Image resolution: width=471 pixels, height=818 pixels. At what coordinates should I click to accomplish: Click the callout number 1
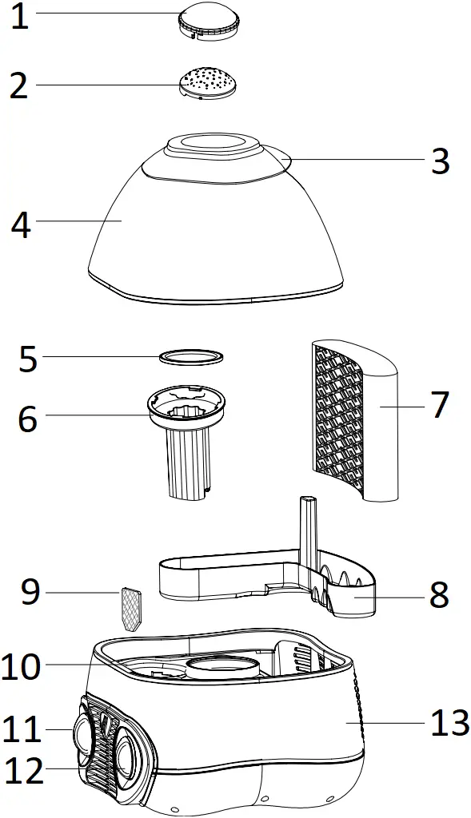click(x=20, y=17)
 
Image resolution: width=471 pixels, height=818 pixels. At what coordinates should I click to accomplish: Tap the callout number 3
click(x=440, y=161)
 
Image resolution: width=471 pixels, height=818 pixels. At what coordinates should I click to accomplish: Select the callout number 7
click(x=440, y=405)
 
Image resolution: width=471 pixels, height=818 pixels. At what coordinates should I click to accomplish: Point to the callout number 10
click(x=21, y=667)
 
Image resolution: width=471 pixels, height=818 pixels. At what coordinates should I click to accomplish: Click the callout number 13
click(x=449, y=723)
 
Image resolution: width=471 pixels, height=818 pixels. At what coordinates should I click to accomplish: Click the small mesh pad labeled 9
click(x=132, y=610)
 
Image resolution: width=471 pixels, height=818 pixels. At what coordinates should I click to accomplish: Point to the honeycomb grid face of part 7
click(x=337, y=420)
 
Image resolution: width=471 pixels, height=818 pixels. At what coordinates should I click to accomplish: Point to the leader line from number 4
click(x=79, y=220)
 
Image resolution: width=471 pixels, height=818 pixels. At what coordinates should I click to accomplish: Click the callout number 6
click(x=27, y=419)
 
